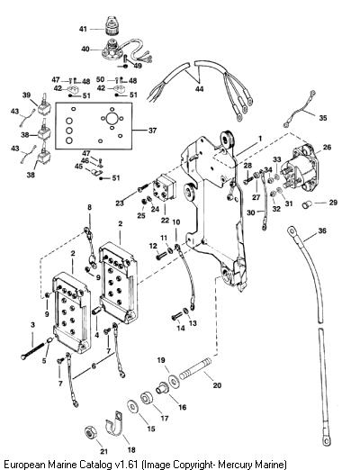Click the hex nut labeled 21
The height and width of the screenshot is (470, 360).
90,433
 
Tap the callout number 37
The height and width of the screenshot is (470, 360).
152,131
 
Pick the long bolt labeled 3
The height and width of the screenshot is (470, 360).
35,350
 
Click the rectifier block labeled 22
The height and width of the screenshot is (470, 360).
164,188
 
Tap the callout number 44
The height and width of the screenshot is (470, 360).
199,89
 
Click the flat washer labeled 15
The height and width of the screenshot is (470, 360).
132,407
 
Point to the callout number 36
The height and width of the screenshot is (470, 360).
322,230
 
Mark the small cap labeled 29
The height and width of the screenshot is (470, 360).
307,205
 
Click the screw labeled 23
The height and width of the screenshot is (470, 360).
143,187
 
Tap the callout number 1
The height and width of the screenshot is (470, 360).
260,139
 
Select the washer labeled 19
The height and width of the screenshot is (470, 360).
174,381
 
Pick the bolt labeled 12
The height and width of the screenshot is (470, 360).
161,256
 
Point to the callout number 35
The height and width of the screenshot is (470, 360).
323,118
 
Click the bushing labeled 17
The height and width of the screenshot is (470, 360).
147,399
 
